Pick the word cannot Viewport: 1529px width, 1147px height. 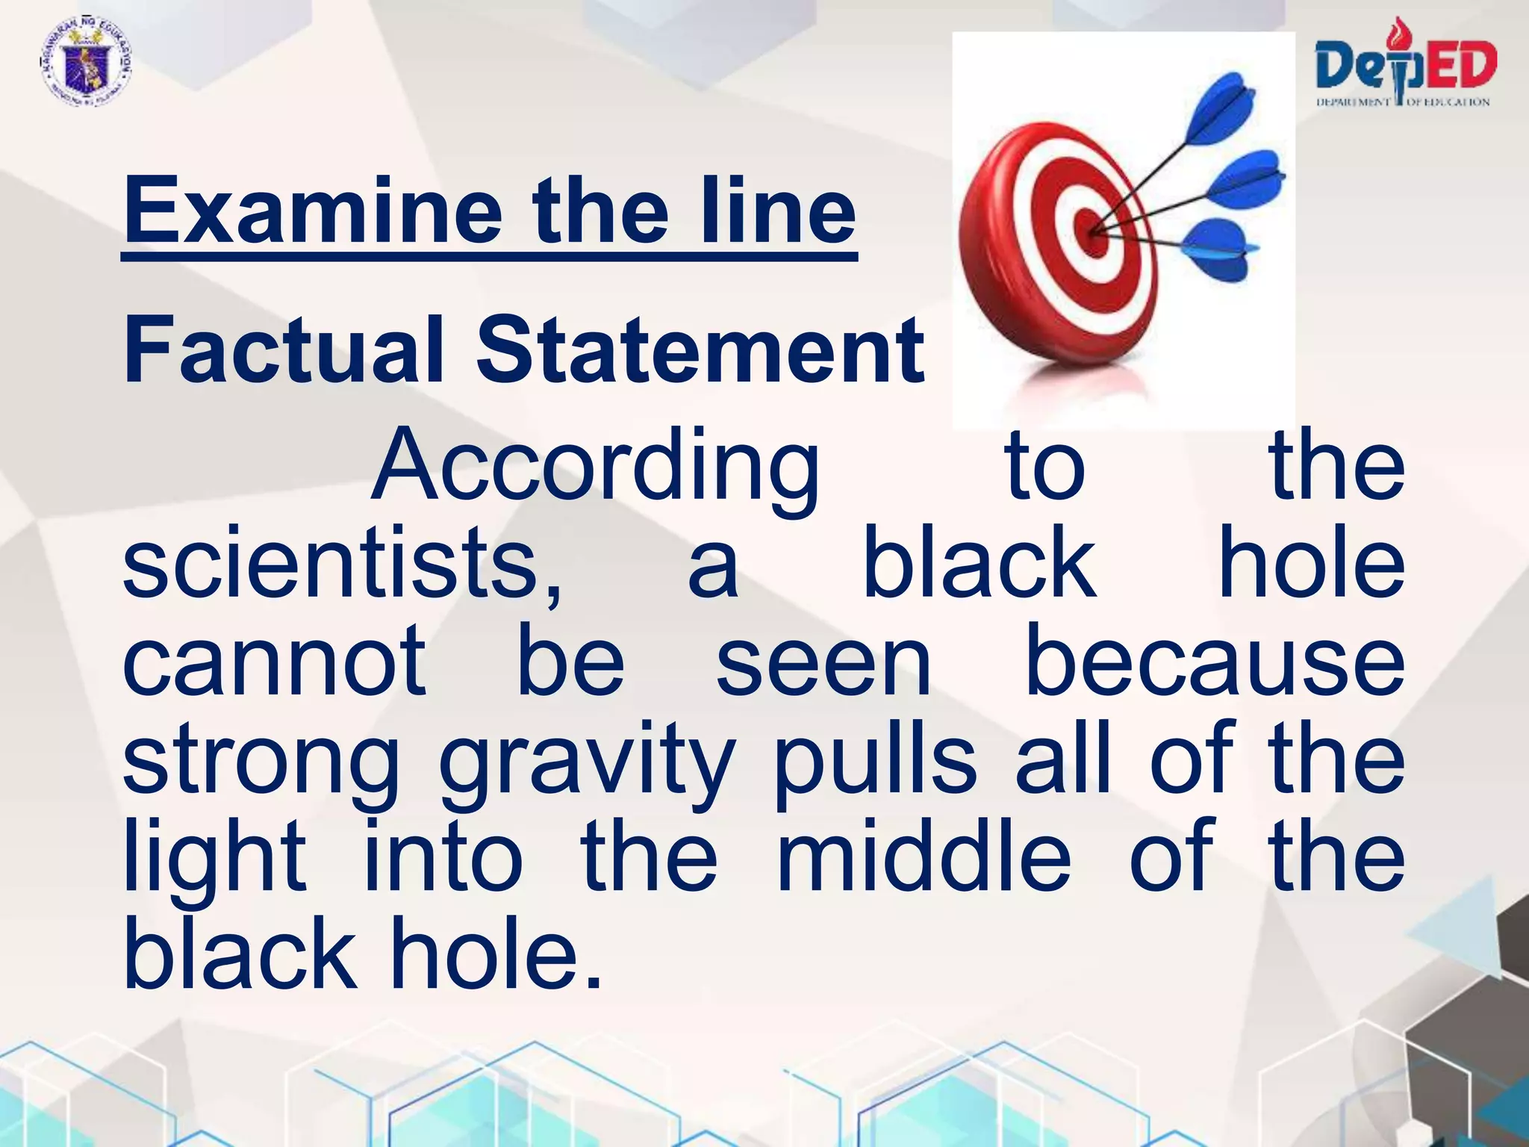click(x=275, y=661)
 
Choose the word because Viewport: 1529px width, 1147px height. click(x=1215, y=661)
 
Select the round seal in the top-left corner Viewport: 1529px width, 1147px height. click(x=84, y=63)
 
